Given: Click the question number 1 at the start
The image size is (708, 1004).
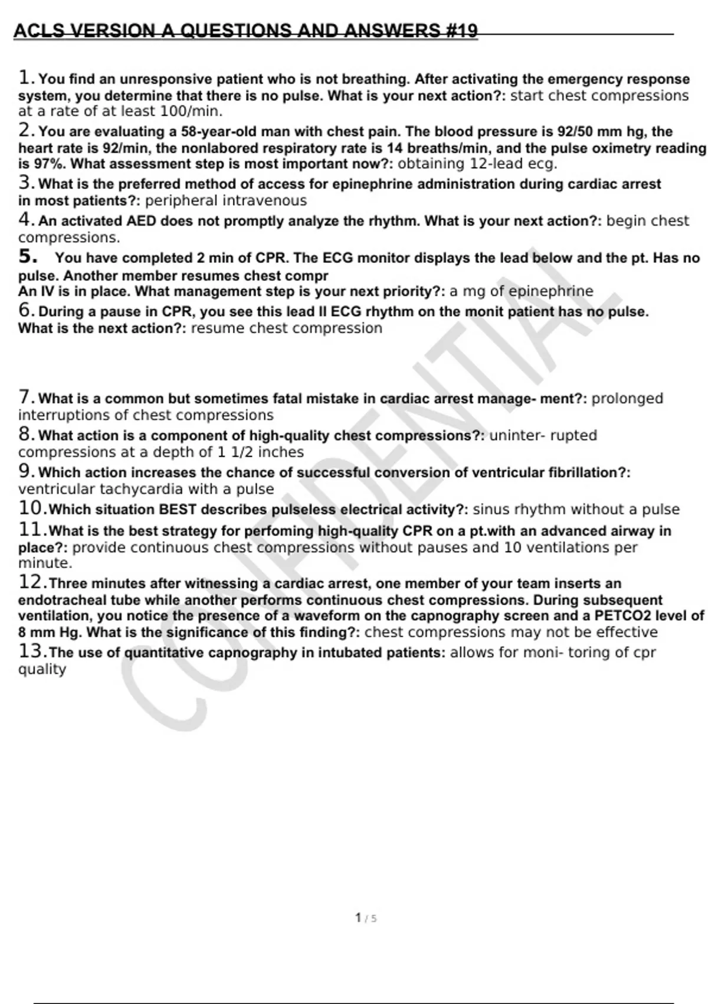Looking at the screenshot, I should [25, 77].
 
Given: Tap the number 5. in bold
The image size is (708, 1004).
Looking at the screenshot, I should [28, 257].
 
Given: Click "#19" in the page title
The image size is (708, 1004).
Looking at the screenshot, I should [460, 31].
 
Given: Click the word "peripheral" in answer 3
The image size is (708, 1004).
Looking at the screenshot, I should [182, 201].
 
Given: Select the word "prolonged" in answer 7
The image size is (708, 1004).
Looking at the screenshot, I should [627, 399].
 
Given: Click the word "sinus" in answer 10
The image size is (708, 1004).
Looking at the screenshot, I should [491, 510].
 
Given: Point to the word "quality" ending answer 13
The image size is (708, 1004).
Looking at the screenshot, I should [42, 669].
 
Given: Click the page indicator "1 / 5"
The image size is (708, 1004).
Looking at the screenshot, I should [366, 918].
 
